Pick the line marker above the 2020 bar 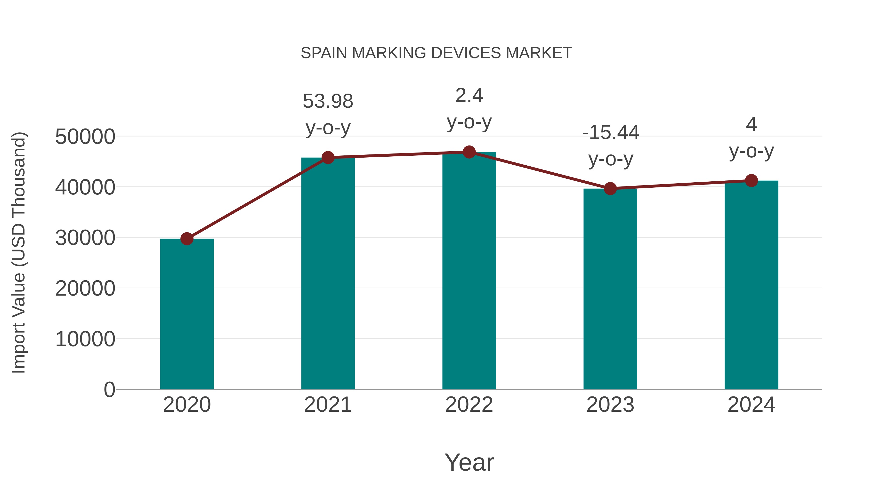coord(187,239)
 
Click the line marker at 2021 coord(328,158)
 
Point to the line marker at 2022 coord(469,152)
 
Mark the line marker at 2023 coord(610,188)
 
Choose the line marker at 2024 coord(751,181)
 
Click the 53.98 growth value coord(328,101)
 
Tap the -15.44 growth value coord(610,132)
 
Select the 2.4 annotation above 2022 coord(469,96)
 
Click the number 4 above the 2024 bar coord(751,124)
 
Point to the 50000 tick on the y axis coord(85,137)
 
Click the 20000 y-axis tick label coord(85,289)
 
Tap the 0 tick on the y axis coord(109,390)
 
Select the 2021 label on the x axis coord(328,405)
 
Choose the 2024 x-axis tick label coord(751,405)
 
